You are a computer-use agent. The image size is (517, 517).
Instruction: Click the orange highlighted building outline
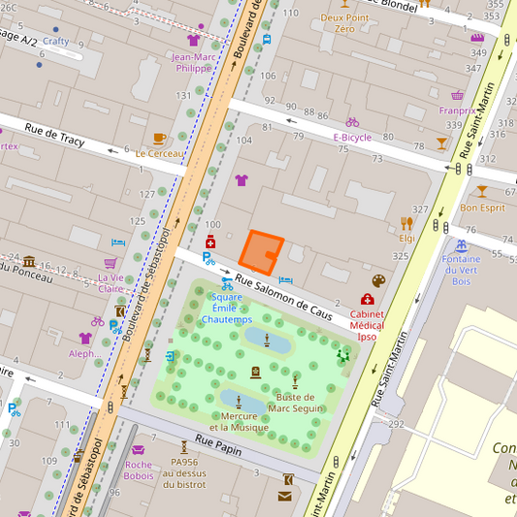point(259,252)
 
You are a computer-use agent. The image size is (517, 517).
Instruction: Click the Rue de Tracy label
point(54,136)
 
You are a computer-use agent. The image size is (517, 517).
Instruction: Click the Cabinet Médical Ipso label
point(367,325)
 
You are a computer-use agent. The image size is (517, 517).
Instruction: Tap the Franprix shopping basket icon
point(457,95)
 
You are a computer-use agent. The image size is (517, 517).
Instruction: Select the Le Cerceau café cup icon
point(159,138)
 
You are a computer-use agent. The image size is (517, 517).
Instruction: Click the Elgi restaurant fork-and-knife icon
point(405,223)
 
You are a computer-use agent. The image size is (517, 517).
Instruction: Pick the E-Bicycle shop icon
point(352,122)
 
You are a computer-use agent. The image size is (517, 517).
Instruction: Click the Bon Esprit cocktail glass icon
point(482,192)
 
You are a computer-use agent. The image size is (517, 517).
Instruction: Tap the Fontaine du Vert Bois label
point(461,270)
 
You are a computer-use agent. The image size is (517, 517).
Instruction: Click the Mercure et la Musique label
point(239,421)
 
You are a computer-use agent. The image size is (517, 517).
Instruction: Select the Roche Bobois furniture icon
point(138,450)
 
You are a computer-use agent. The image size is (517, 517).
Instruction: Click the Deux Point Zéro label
point(344,23)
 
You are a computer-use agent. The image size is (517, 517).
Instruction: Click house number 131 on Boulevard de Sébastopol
point(183,96)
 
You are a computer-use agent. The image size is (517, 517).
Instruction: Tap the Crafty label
point(55,42)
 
